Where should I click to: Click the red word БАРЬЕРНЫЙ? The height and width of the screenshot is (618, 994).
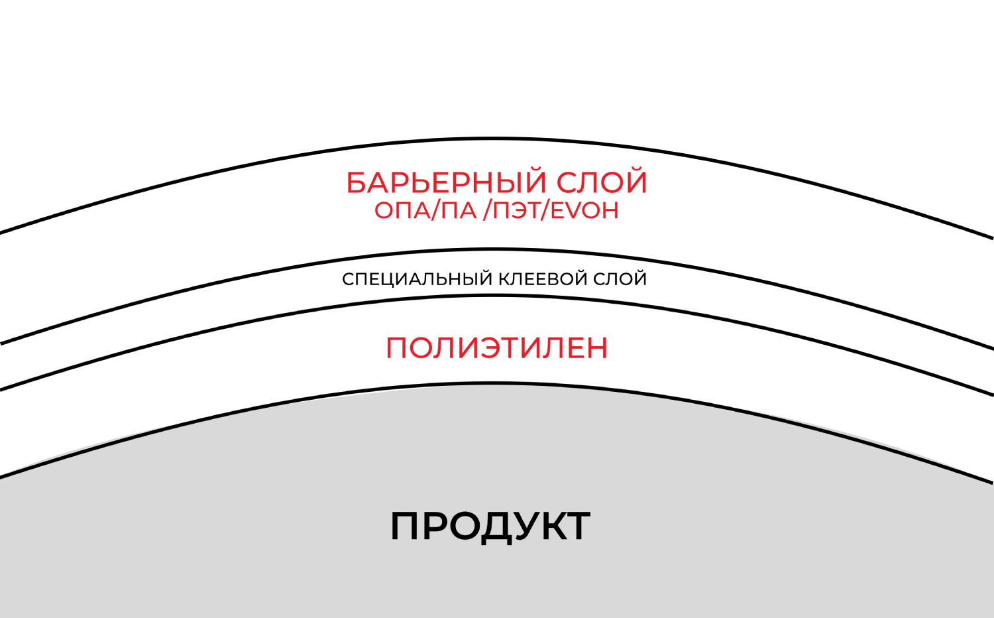(x=446, y=183)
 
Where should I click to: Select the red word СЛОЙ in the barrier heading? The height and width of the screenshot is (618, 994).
(x=602, y=183)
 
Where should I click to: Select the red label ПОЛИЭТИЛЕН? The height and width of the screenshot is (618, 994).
(x=496, y=348)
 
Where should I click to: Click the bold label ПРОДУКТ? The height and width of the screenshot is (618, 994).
(x=490, y=526)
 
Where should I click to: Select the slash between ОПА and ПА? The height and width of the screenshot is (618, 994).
(x=435, y=210)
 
